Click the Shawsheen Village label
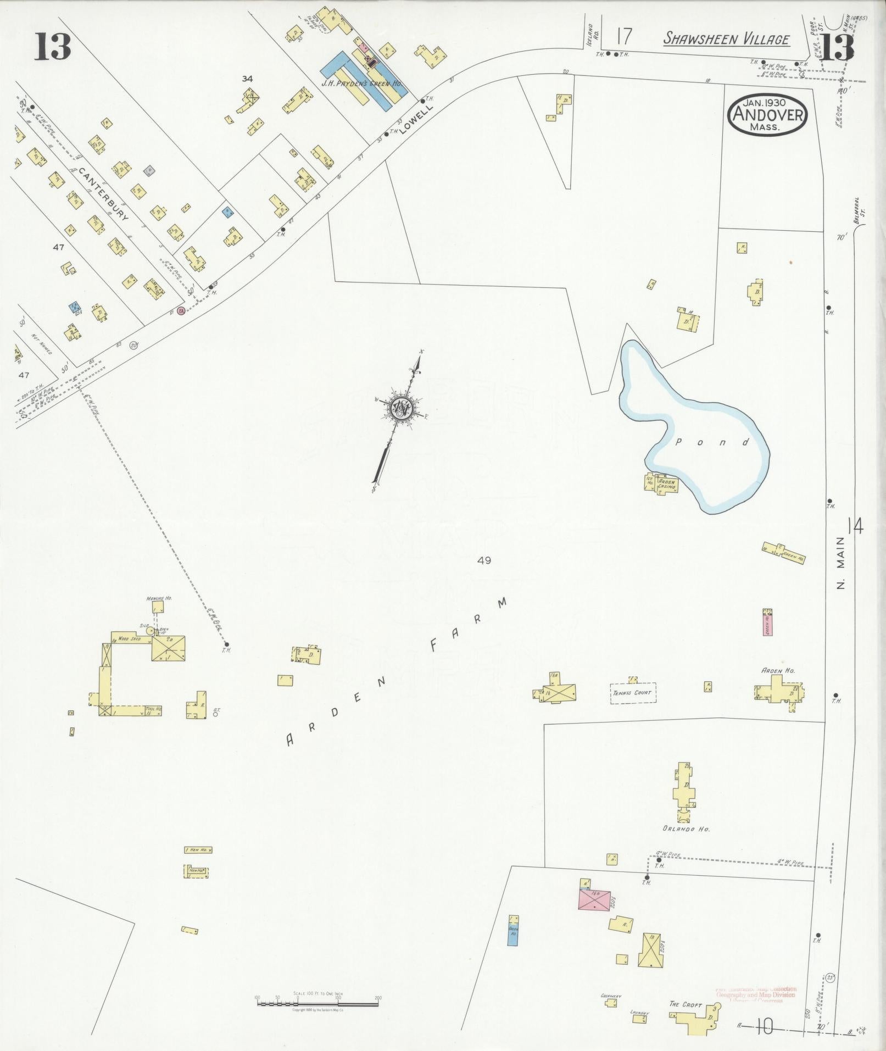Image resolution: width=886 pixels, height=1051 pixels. click(726, 39)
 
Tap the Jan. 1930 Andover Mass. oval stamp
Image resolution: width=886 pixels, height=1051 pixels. click(767, 115)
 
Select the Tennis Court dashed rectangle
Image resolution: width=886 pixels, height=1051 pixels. click(633, 692)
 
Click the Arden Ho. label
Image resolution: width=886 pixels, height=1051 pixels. click(778, 670)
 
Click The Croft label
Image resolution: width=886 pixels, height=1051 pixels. click(685, 1004)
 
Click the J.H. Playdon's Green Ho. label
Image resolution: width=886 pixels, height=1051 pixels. click(363, 84)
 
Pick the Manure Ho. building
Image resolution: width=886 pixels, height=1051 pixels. click(158, 607)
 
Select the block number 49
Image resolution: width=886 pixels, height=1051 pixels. click(484, 560)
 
